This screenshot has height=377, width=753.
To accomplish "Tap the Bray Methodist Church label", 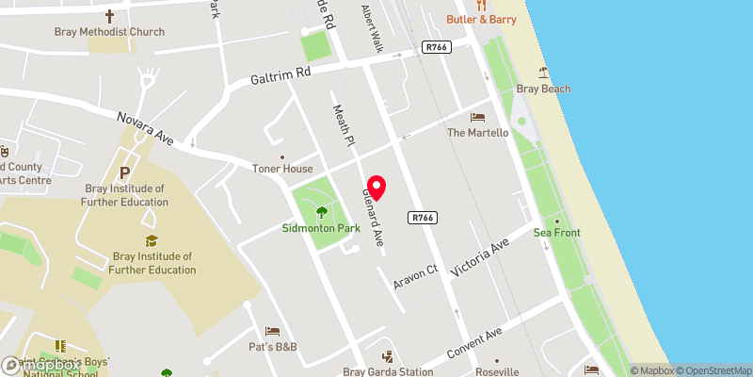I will click(x=109, y=32).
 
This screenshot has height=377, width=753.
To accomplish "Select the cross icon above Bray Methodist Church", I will click(x=109, y=15).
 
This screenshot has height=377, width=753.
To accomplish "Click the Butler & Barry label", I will click(x=480, y=19).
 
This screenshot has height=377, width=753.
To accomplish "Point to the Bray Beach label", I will click(x=544, y=90).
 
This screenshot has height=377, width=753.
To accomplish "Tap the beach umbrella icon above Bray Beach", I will click(x=544, y=72).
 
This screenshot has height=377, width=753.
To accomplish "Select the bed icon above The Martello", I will click(x=477, y=117).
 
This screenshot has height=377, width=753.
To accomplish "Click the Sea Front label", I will click(x=557, y=233).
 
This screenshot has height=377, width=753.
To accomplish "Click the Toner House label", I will click(x=281, y=169).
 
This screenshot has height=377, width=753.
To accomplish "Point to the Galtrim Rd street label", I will click(x=280, y=76).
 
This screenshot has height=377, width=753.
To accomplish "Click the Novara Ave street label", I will click(x=145, y=130).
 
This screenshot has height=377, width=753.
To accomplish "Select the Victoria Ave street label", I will click(x=480, y=256).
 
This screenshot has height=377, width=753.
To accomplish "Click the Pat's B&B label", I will click(x=273, y=348).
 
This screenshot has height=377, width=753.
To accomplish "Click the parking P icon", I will click(x=125, y=173).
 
